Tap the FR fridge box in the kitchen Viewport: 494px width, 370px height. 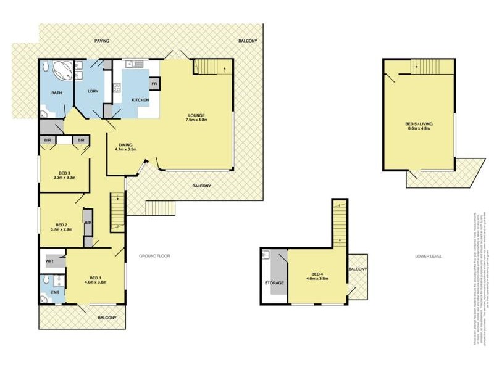point(154,84)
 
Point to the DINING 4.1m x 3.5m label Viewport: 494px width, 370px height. point(126,147)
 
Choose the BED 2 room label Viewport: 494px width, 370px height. point(61,226)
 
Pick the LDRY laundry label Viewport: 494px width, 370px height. point(86,93)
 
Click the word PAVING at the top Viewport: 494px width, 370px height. point(102,41)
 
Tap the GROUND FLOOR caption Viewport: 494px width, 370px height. point(154,255)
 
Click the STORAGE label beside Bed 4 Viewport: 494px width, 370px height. point(274,283)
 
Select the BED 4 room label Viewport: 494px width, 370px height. point(317,276)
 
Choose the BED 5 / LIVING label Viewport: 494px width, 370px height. point(419,126)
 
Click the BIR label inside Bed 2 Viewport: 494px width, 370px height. point(88,223)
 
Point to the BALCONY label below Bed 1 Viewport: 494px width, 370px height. point(107,317)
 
